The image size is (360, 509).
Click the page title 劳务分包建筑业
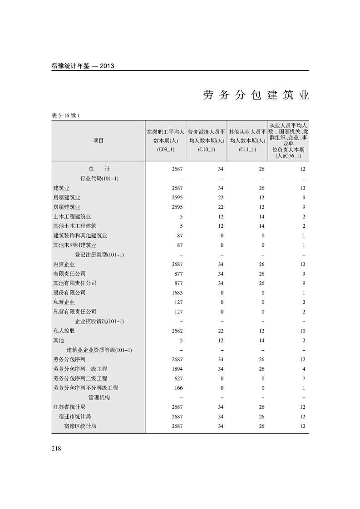click(256, 96)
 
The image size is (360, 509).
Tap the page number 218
click(57, 449)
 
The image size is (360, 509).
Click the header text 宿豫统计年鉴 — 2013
click(83, 66)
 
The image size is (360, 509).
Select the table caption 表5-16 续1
click(66, 116)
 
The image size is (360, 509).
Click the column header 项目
click(98, 141)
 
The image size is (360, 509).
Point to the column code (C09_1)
click(165, 149)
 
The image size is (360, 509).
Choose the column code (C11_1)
click(247, 149)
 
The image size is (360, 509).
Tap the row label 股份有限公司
click(69, 293)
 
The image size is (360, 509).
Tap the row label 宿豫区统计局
click(80, 426)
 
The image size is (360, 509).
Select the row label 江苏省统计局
click(69, 407)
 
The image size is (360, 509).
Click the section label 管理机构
click(99, 397)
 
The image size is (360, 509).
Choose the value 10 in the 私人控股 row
click(302, 331)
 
